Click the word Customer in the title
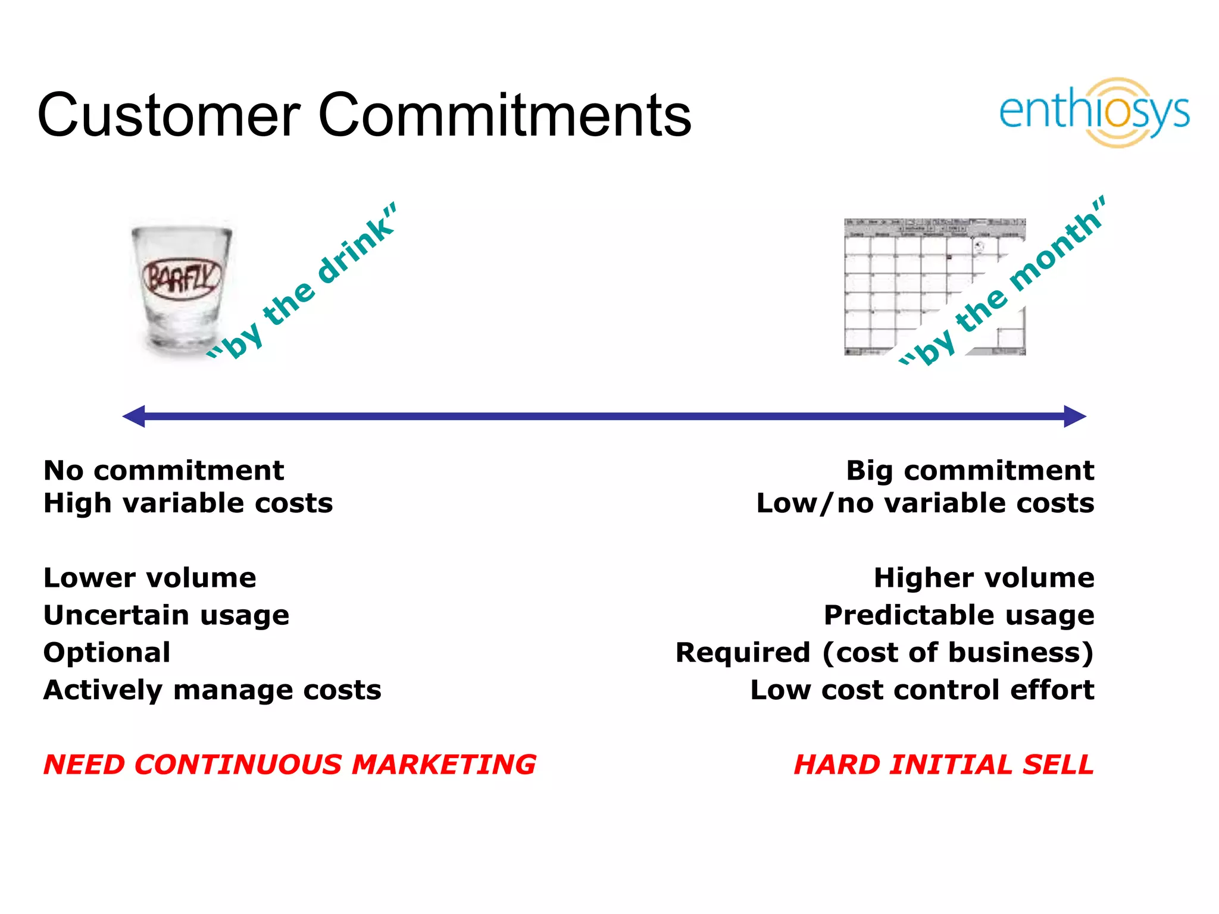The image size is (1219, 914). [x=169, y=115]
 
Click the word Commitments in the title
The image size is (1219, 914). [x=505, y=115]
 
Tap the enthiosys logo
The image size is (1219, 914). [x=1094, y=112]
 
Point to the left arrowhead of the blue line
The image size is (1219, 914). [x=135, y=417]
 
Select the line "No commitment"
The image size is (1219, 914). [x=164, y=471]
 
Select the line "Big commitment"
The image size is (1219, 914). [x=970, y=471]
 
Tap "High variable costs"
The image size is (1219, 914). [x=188, y=503]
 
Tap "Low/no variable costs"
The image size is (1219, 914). [x=925, y=503]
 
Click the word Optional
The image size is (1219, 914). [x=107, y=653]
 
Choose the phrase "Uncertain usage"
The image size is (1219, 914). [x=167, y=615]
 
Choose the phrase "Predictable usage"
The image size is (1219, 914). [x=959, y=615]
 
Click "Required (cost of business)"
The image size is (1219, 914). [x=884, y=653]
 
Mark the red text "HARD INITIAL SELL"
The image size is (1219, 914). [x=944, y=765]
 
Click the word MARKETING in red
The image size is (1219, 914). [x=443, y=765]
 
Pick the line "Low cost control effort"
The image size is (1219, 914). [x=922, y=690]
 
